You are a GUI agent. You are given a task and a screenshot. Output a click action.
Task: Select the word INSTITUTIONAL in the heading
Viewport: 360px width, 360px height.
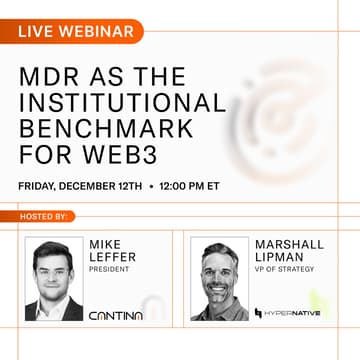pos(123,104)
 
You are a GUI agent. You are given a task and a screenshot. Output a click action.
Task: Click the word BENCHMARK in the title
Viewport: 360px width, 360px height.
pos(104,130)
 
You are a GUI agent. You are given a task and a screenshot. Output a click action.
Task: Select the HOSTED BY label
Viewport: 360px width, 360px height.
pos(44,216)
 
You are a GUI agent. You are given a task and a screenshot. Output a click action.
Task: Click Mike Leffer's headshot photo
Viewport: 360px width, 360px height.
pos(54,279)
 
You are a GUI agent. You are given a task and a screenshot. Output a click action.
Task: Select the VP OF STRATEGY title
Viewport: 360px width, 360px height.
pos(285,269)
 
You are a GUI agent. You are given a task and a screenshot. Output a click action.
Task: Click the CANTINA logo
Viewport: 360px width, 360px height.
pos(115,315)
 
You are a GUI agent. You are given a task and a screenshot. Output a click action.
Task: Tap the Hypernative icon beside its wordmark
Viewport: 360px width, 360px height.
pos(259,314)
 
